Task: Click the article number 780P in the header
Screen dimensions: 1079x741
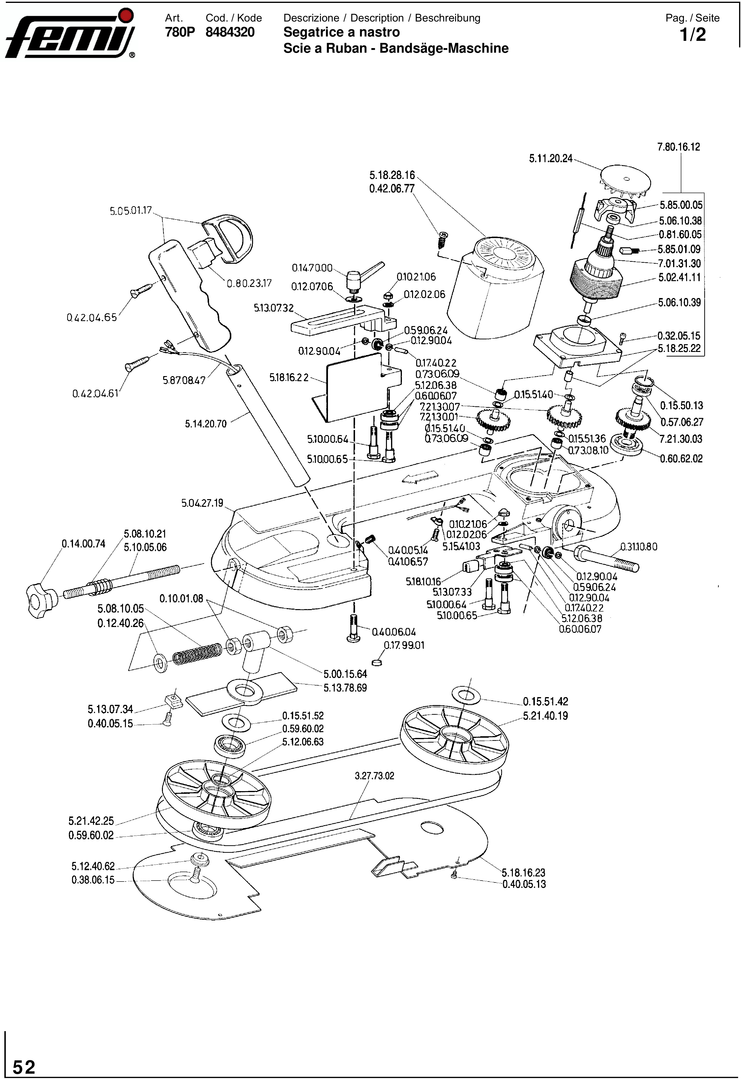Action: click(180, 32)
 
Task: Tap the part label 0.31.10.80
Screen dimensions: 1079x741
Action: click(638, 547)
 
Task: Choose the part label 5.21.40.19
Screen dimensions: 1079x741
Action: click(545, 715)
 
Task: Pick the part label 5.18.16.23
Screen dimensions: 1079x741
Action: click(523, 872)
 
